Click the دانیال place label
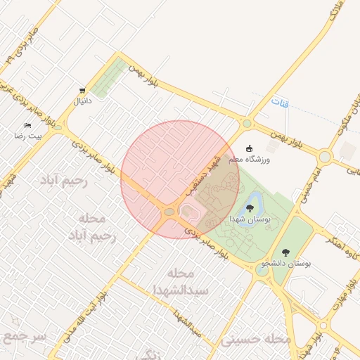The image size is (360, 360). tap(83, 101)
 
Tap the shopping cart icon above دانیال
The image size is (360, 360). tap(83, 90)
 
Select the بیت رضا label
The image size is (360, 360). tap(30, 134)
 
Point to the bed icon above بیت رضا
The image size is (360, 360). tap(27, 124)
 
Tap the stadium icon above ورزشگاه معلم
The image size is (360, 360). tap(249, 148)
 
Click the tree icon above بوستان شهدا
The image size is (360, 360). tap(250, 208)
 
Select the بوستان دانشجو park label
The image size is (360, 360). tap(285, 263)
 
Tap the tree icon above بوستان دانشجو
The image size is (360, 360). tap(285, 252)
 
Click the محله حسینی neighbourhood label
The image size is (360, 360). tap(255, 340)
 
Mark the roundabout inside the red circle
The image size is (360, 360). tap(169, 212)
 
